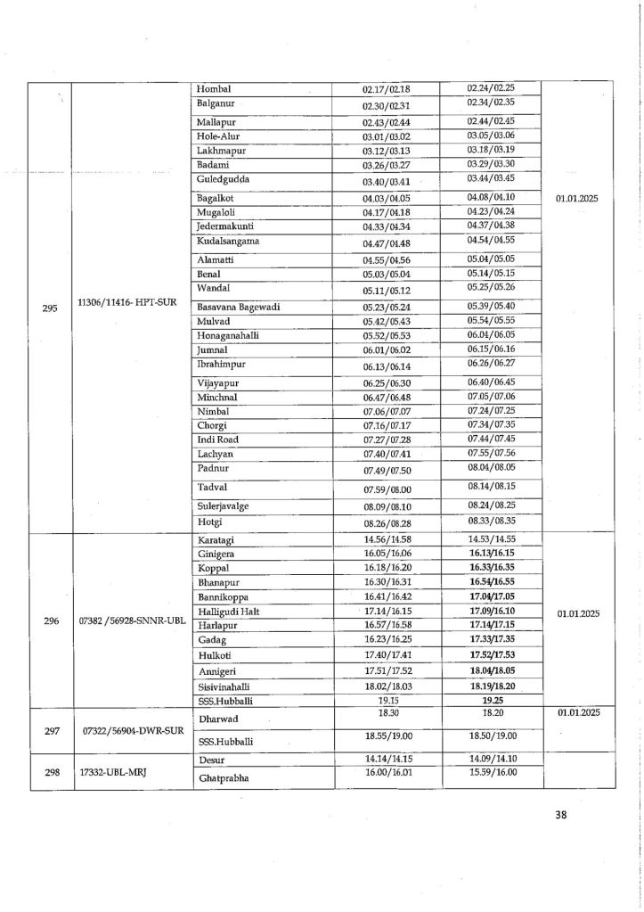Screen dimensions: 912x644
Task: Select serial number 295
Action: point(50,308)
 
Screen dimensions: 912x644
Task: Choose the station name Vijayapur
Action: point(218,382)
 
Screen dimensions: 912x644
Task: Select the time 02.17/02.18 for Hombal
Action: point(386,89)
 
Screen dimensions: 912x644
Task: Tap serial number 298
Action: point(50,773)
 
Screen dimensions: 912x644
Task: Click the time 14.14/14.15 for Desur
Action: point(386,758)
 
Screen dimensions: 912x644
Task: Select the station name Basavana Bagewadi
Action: point(239,306)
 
